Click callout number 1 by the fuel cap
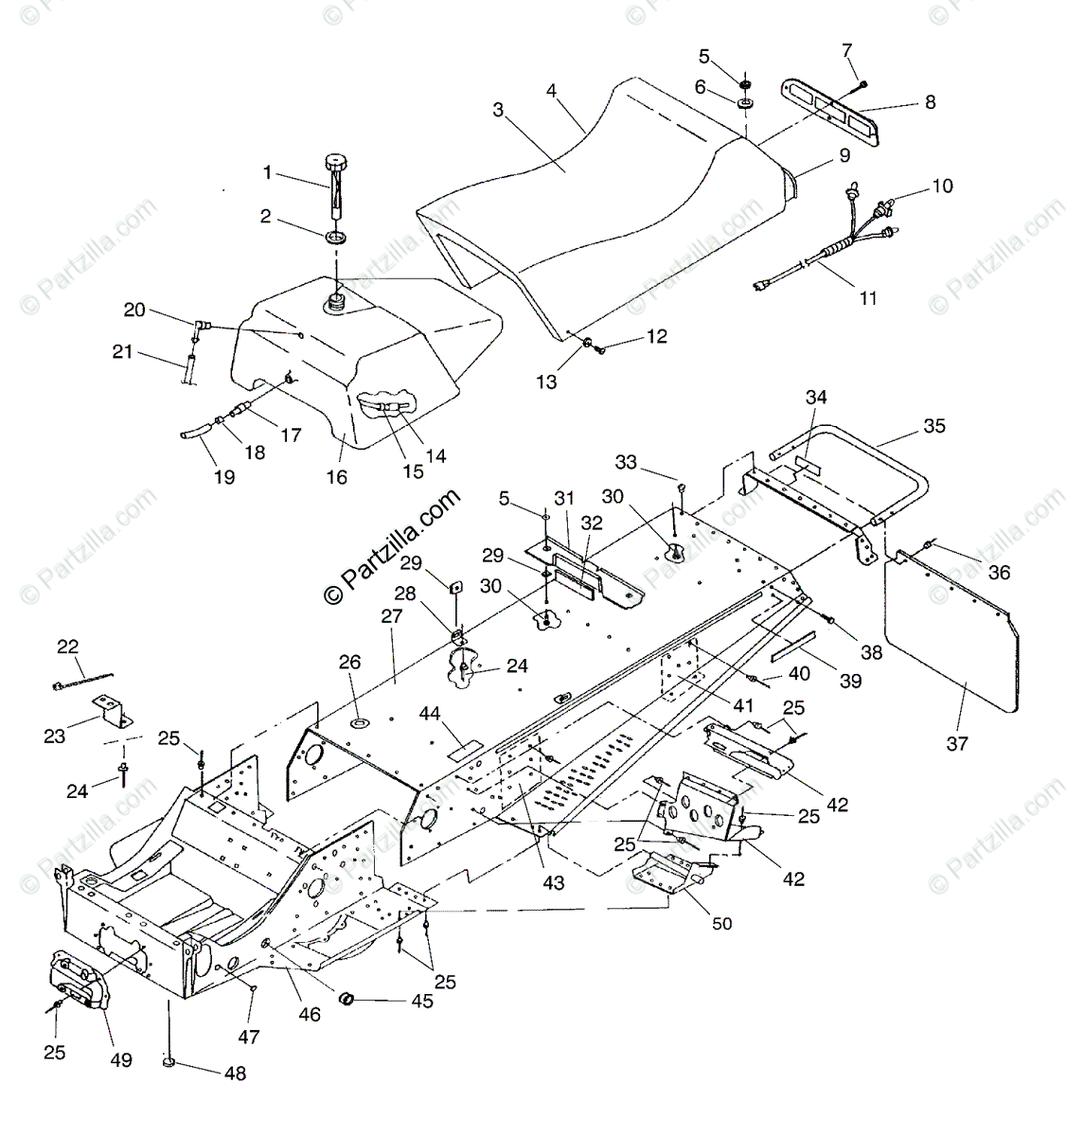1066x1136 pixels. coord(267,172)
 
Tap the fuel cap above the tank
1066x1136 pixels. coord(334,162)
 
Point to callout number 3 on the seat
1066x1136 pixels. coord(498,109)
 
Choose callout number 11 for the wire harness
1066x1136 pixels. coord(868,297)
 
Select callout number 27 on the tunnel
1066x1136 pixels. coord(392,614)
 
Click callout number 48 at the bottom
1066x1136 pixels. coord(235,1073)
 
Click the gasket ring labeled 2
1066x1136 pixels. coord(335,236)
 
